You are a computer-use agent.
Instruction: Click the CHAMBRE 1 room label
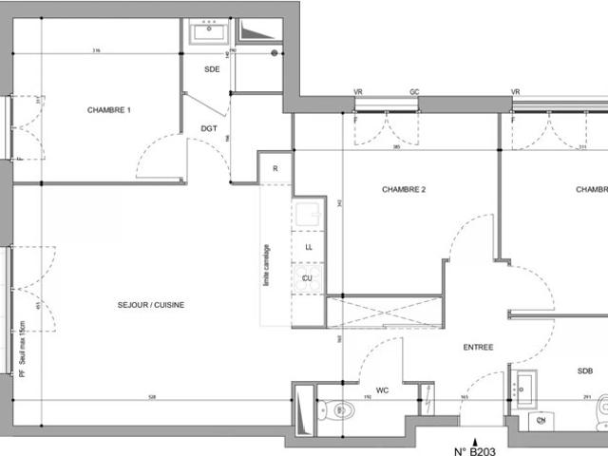pos(109,110)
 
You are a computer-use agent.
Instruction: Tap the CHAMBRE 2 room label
pos(404,190)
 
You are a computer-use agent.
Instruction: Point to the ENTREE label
pos(478,348)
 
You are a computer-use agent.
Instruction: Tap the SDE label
pos(212,70)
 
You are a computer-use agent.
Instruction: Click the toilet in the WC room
pos(343,410)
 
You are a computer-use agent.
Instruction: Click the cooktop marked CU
pos(308,277)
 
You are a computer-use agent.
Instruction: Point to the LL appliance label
pos(308,247)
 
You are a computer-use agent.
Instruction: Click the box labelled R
pos(275,169)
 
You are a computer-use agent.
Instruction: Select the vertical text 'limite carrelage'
pos(269,263)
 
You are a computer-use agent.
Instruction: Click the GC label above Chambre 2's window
pos(414,92)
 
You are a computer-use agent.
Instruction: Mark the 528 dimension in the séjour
pos(152,396)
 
